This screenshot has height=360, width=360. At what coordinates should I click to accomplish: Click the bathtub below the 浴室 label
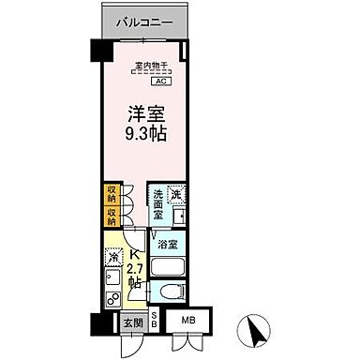[169, 267]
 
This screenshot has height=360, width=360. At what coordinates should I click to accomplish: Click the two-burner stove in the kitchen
[112, 300]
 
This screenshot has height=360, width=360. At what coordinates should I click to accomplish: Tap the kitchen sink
[112, 279]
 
